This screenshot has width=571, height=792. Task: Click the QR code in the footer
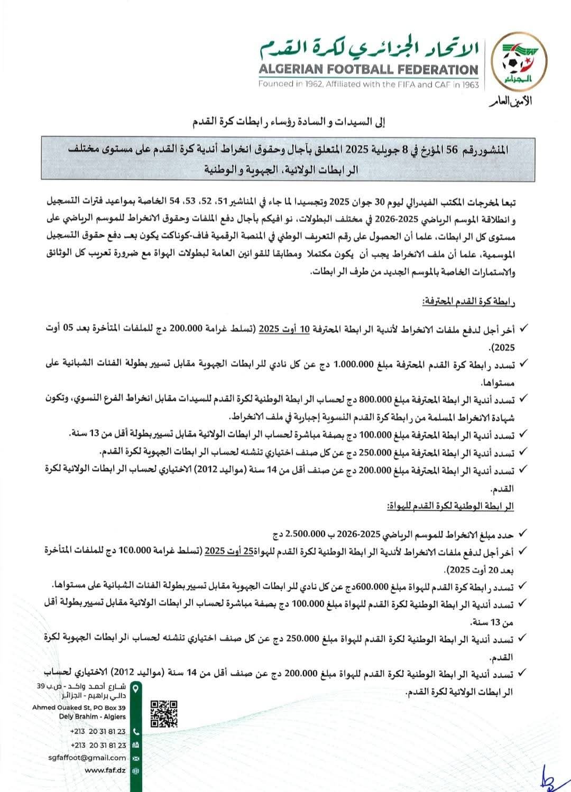[x=164, y=714]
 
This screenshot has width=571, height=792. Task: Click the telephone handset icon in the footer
[x=136, y=732]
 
